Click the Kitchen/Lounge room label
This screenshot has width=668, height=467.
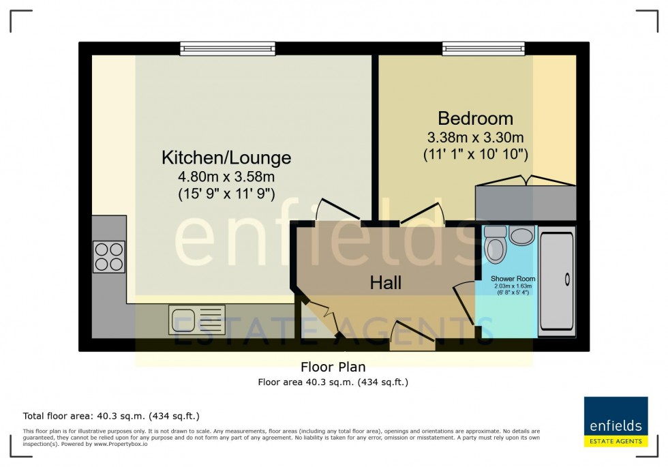pos(226,158)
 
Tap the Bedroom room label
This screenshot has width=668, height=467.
pos(475,117)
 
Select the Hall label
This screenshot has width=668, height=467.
pos(386,282)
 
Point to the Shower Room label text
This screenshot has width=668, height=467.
pos(513,279)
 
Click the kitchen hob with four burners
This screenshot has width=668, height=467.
pos(109,257)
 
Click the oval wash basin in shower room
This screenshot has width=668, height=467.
pos(523,237)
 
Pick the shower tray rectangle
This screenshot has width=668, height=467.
pos(557,280)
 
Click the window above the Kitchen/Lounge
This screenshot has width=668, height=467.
pos(228,48)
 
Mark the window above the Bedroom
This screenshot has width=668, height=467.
pos(483,48)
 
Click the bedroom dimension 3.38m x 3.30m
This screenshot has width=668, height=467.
pos(475,137)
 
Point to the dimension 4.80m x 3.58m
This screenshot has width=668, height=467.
pos(226,178)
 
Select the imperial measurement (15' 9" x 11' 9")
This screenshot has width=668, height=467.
pos(226,194)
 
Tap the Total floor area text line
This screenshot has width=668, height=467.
pos(111,416)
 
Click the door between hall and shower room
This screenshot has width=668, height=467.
pos(465,303)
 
